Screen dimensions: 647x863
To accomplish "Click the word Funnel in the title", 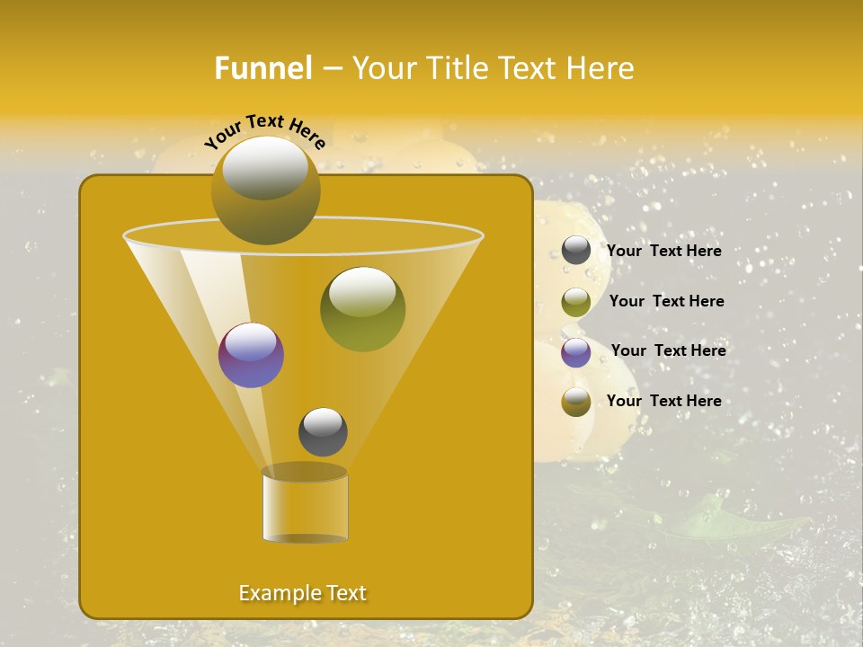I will [x=263, y=68].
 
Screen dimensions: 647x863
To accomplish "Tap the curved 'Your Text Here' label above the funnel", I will [x=265, y=131].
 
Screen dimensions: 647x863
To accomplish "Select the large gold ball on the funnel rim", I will [x=266, y=191].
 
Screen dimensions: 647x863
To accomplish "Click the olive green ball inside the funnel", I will [x=362, y=309].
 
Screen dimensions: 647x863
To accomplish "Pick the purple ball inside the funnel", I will [x=251, y=355].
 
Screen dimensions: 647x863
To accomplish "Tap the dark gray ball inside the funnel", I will [x=323, y=431].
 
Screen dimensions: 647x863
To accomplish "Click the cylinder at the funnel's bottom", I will [x=305, y=505].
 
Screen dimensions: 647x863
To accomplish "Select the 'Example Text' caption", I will [x=302, y=593].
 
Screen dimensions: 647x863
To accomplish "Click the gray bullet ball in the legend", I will [x=576, y=251].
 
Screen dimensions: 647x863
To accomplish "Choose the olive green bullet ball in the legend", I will [x=576, y=302].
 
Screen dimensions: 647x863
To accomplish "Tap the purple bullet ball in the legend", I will [x=576, y=352].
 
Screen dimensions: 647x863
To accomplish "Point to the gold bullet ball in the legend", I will [x=576, y=402].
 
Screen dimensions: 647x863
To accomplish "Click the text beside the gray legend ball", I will [x=664, y=251].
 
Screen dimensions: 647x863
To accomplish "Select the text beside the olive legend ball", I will [x=666, y=301].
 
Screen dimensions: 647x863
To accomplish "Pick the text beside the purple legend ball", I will [x=668, y=350].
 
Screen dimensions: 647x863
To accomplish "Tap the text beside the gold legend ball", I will [x=664, y=401].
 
